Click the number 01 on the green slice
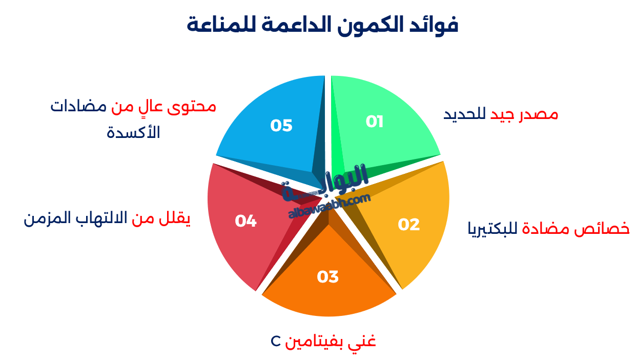pos(375,122)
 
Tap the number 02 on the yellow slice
pos(408,225)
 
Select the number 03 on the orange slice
pos(327,277)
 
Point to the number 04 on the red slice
pos(245,221)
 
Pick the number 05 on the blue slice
pos(281,126)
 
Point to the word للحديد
pos(465,114)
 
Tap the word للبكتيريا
pos(493,229)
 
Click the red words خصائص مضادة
pos(576,228)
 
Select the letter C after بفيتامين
pos(275,341)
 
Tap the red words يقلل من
pos(161,219)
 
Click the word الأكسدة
pos(133,133)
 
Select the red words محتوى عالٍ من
pos(163,107)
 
